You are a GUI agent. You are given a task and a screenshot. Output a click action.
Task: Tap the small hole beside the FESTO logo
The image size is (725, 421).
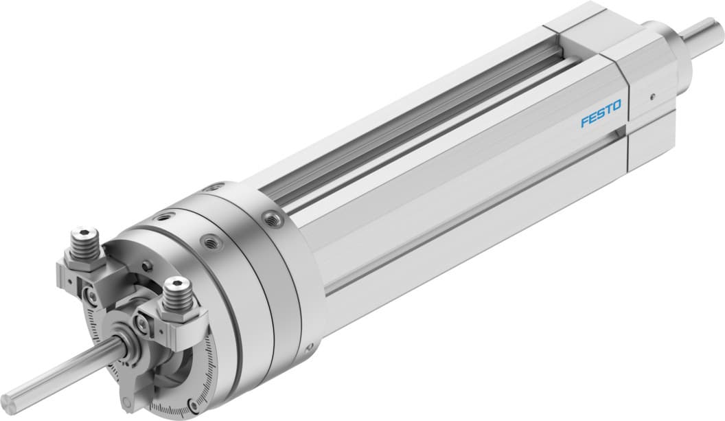(652, 96)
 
